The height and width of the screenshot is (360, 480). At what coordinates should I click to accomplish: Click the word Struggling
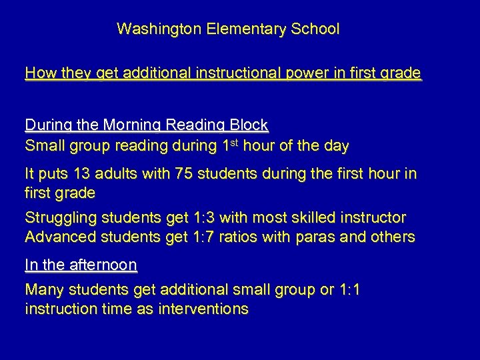tap(55, 218)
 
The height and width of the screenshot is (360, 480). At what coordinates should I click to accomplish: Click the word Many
tap(41, 290)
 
